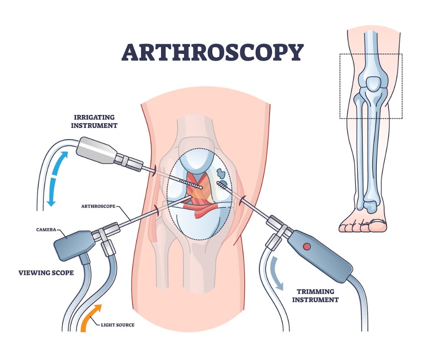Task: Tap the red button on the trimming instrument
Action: tap(307, 246)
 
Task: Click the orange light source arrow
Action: tap(90, 318)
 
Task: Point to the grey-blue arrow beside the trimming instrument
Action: tap(278, 274)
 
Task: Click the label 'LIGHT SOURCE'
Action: tap(118, 325)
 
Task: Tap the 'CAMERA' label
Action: tap(46, 230)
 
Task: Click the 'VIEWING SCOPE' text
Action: tap(46, 273)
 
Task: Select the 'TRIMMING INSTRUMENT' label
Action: tap(315, 296)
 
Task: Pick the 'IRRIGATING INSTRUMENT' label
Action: tap(94, 121)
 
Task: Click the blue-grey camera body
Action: tap(73, 245)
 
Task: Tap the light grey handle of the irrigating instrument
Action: tap(96, 150)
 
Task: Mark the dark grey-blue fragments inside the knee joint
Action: tap(222, 176)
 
